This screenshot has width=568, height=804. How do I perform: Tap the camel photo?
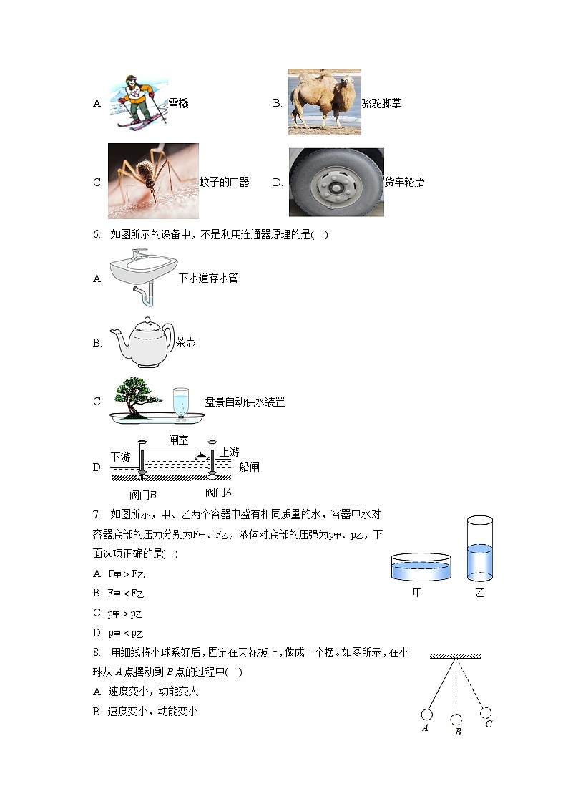click(x=324, y=102)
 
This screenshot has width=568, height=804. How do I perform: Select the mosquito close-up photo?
click(x=153, y=181)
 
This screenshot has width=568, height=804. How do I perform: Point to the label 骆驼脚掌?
click(x=381, y=103)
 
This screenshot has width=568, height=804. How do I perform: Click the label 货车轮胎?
click(x=404, y=183)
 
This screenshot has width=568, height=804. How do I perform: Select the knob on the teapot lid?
click(x=147, y=321)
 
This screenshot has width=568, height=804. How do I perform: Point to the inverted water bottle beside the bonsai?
click(x=181, y=402)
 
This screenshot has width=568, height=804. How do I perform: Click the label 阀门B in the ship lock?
click(x=143, y=494)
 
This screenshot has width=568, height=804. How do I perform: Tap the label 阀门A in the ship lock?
click(x=219, y=492)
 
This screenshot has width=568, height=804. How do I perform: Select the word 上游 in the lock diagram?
click(x=229, y=452)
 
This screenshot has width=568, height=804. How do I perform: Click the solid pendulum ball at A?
click(x=426, y=714)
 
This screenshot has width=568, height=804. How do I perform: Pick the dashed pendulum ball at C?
click(x=486, y=712)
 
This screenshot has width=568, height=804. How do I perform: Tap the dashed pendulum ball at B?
click(x=456, y=719)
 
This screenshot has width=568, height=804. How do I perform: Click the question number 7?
click(x=96, y=515)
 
